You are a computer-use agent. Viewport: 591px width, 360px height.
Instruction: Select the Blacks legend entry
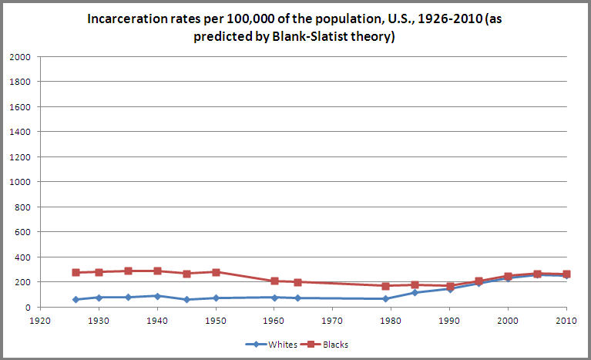tap(329, 345)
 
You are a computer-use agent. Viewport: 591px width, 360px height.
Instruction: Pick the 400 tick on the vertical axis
tap(22, 257)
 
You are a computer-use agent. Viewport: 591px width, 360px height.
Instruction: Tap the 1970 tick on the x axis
tap(333, 318)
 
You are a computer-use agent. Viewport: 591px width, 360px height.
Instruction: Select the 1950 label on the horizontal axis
tap(215, 318)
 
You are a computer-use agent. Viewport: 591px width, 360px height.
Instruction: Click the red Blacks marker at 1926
tap(76, 272)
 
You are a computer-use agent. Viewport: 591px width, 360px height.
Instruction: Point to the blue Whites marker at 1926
tap(76, 299)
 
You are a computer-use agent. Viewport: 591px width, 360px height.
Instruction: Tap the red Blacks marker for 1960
tap(274, 281)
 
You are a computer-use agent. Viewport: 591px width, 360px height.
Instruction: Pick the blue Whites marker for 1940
tap(156, 295)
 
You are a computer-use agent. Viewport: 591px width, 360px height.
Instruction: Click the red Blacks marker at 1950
tap(216, 272)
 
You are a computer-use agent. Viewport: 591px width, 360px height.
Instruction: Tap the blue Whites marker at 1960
tap(274, 297)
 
